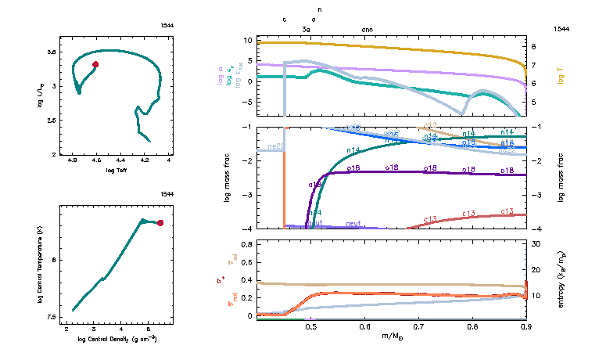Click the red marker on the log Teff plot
pyautogui.click(x=95, y=64)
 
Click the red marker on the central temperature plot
pyautogui.click(x=160, y=223)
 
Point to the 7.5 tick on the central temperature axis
pyautogui.click(x=52, y=317)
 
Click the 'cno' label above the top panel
pyautogui.click(x=367, y=29)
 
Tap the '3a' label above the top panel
pyautogui.click(x=307, y=29)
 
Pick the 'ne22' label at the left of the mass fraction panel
pyautogui.click(x=275, y=146)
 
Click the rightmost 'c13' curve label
pyautogui.click(x=507, y=211)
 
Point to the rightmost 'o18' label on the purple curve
pyautogui.click(x=507, y=170)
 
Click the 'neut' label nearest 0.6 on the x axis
pyautogui.click(x=357, y=224)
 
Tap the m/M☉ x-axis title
pyautogui.click(x=393, y=337)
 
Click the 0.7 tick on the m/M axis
pyautogui.click(x=418, y=326)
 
